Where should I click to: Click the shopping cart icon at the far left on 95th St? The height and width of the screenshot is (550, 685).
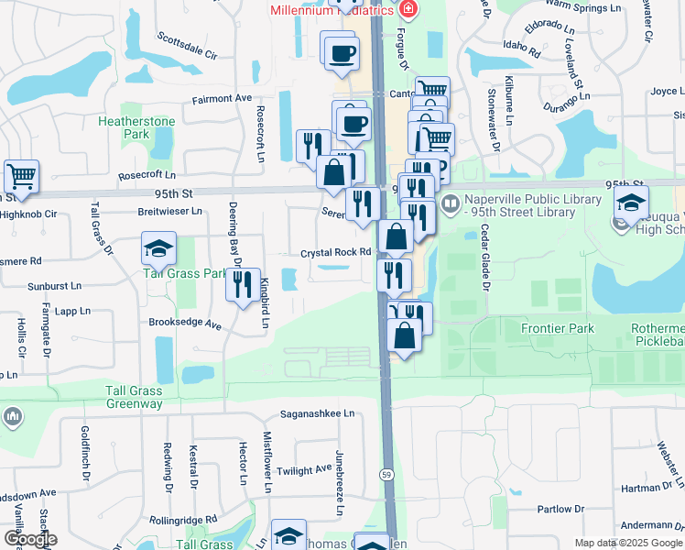click(21, 175)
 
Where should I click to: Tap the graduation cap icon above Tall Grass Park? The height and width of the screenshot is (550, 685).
click(158, 248)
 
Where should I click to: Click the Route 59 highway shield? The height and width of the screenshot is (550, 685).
click(387, 473)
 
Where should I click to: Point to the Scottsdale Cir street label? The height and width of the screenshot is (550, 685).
click(187, 45)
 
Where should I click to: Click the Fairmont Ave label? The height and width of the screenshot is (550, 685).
click(221, 98)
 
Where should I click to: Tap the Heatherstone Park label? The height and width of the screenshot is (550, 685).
click(124, 127)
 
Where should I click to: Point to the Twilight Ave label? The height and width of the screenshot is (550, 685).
click(304, 469)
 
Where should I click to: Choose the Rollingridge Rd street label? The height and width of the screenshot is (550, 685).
click(183, 519)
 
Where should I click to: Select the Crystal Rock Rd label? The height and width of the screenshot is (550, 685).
click(335, 253)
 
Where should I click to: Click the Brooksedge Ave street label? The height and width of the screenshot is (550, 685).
click(186, 324)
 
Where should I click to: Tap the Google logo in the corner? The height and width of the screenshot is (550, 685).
click(30, 539)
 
